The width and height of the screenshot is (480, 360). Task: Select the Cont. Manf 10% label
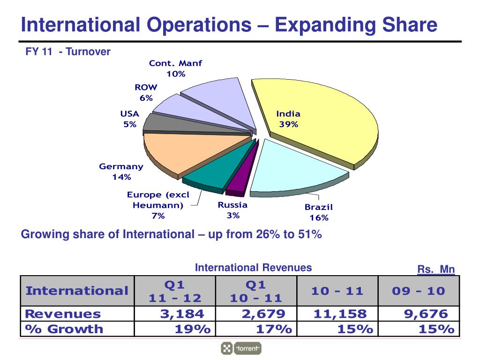pos(176,68)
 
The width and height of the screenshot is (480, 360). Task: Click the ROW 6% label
pos(146,92)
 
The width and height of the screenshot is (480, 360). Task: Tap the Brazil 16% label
pos(319,212)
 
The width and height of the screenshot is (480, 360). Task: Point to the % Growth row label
pos(64,329)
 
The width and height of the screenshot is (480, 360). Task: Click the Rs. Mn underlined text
pos(436,270)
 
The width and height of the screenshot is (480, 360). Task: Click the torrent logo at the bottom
pos(241,348)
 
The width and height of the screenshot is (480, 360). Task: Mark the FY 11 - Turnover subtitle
pos(68,52)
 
